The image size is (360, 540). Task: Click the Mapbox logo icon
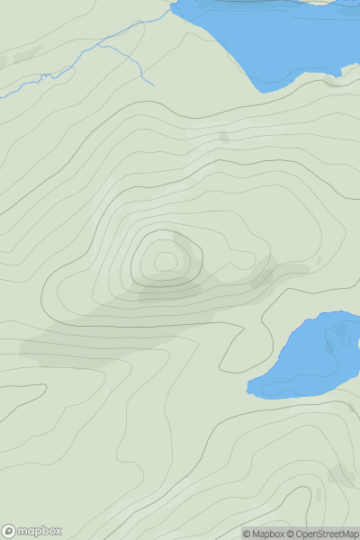(10, 531)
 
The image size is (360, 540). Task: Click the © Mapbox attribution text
(265, 534)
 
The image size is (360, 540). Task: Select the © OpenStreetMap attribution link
(323, 534)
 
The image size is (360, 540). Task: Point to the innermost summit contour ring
(166, 261)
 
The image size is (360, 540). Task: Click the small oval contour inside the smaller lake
(342, 341)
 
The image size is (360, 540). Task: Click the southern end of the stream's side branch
(154, 85)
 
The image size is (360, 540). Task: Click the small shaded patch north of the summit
(223, 137)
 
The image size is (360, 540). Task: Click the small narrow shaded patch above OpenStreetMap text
(318, 494)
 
